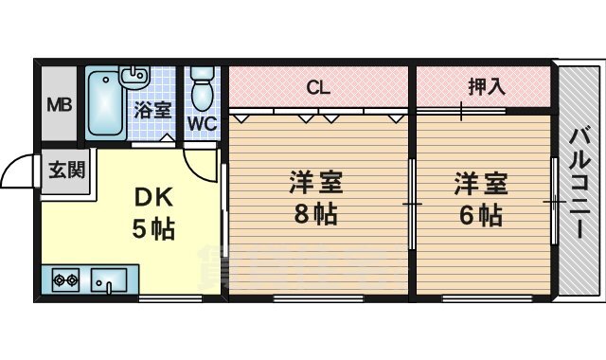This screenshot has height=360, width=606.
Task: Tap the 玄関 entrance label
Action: pos(65,171)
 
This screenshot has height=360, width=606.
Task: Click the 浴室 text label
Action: pos(153,108)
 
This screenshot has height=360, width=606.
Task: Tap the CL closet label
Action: pos(317,88)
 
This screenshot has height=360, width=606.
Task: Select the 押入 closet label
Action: pos(487,87)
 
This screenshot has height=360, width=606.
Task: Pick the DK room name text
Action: pos(151,198)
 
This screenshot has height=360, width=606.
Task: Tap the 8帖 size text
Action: pos(315,215)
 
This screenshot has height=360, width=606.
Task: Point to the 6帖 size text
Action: pos(478,215)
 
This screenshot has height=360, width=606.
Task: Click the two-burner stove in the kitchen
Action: pos(65,280)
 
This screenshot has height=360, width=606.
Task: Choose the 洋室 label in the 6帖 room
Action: pos(479,182)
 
